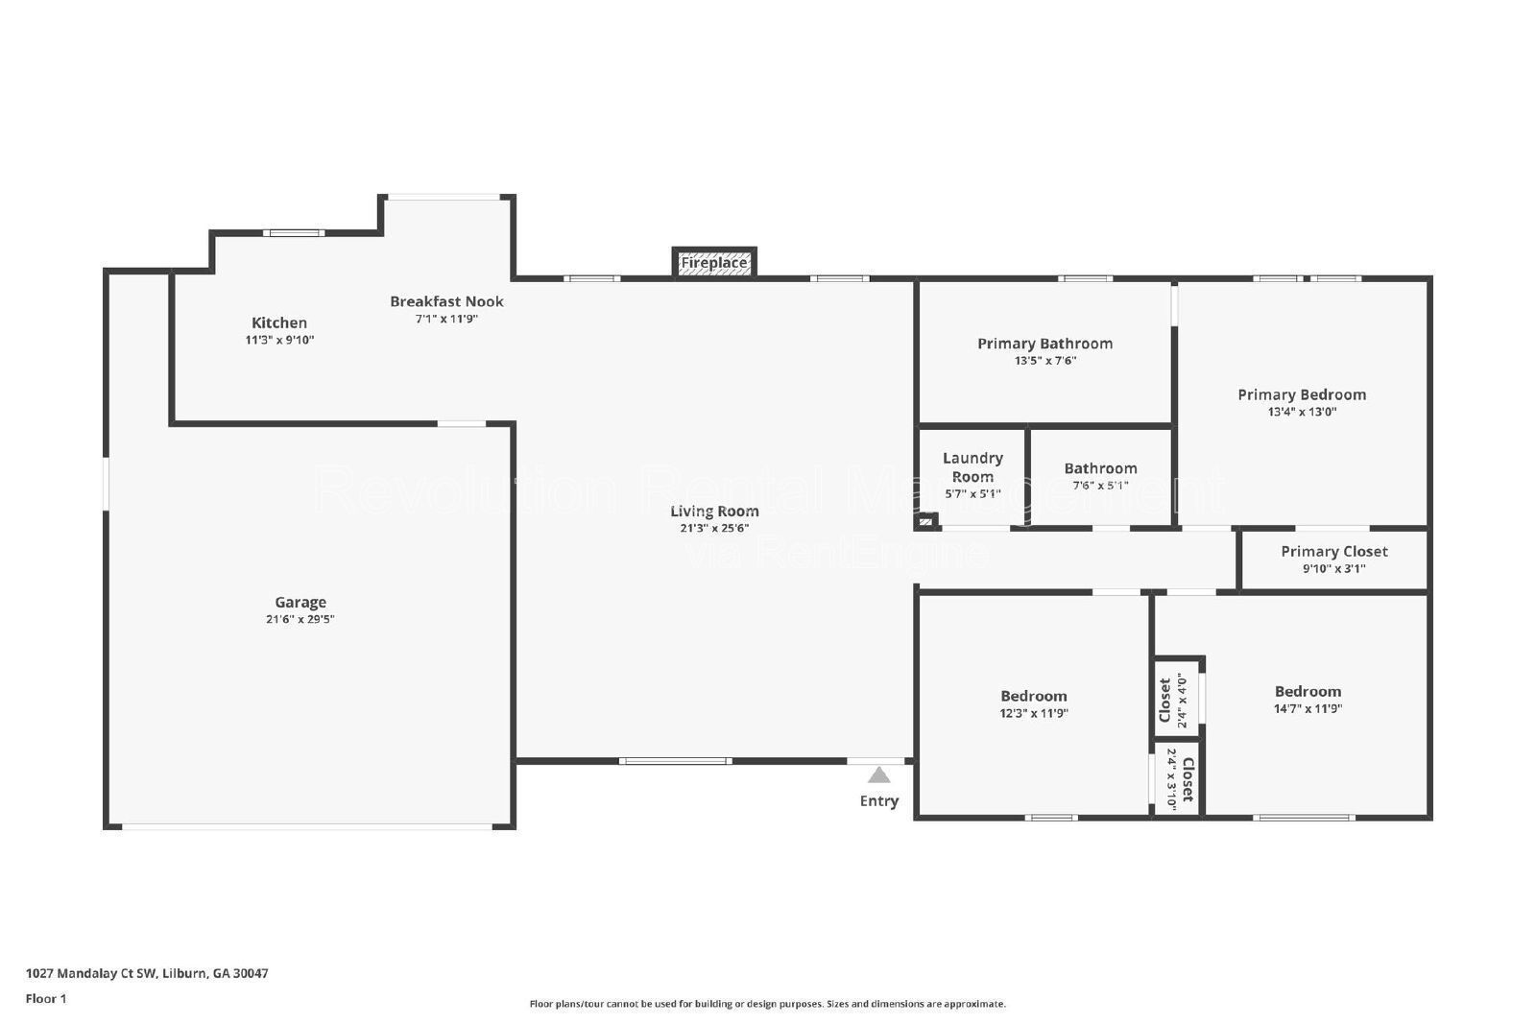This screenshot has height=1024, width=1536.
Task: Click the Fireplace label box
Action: point(714,263)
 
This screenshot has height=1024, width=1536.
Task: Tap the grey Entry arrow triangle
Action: point(878,775)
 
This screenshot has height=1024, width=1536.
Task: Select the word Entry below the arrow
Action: point(878,800)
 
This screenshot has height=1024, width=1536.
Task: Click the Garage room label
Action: point(300,603)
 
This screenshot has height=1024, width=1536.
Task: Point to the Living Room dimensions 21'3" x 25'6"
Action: point(714,528)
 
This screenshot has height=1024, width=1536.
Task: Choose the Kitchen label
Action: point(279,323)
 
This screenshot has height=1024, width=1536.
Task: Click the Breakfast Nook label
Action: point(446,301)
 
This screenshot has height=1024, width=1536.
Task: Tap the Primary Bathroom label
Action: point(1044,344)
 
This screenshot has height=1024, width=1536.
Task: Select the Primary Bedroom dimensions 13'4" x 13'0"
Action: point(1302,412)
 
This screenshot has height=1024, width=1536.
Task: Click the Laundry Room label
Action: point(972,467)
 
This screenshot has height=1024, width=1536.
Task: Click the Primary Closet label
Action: point(1333,552)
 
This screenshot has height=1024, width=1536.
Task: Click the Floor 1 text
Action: point(46,998)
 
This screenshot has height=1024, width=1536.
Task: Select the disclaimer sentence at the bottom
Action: point(767,1004)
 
